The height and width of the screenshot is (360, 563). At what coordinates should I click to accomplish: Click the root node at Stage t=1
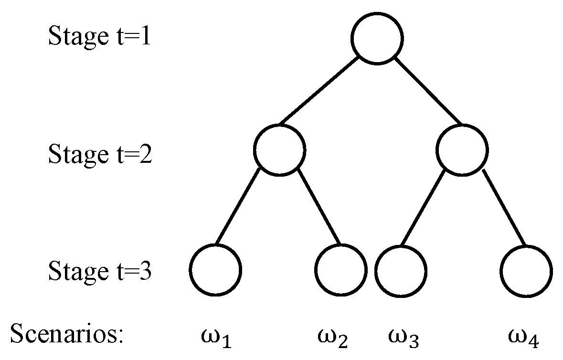pyautogui.click(x=377, y=13)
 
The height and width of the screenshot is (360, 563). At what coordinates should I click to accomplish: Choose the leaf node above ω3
pyautogui.click(x=401, y=245)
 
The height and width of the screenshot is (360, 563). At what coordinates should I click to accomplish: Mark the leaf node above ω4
pyautogui.click(x=526, y=245)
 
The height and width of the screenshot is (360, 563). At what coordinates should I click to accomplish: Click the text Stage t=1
pyautogui.click(x=99, y=36)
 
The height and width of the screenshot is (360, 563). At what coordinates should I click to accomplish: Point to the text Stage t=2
pyautogui.click(x=100, y=154)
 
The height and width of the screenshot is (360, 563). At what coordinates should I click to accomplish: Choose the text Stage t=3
pyautogui.click(x=100, y=271)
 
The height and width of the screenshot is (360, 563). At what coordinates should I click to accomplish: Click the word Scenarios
pyautogui.click(x=67, y=333)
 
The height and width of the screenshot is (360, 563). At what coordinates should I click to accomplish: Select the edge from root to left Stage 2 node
pyautogui.click(x=319, y=90)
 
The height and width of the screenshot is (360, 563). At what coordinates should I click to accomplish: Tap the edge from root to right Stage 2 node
pyautogui.click(x=428, y=90)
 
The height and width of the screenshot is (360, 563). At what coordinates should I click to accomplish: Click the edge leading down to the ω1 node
pyautogui.click(x=238, y=206)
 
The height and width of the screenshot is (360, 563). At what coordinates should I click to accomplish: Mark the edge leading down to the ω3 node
pyautogui.click(x=423, y=208)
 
